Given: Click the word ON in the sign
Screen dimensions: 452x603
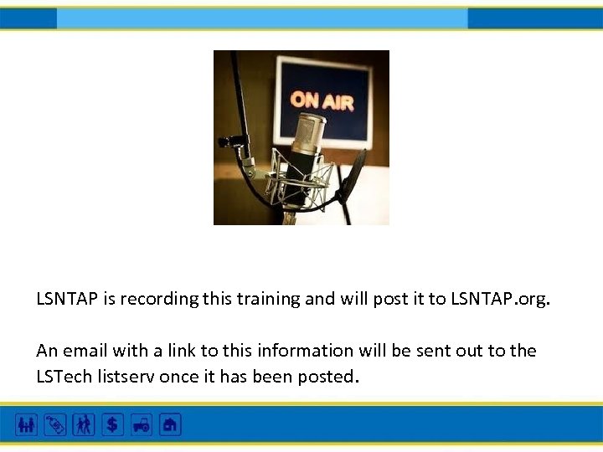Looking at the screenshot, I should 306,100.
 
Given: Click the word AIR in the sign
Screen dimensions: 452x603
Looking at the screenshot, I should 338,102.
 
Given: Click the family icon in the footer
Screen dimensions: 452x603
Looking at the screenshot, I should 27,425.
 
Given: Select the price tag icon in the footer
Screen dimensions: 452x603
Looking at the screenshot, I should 55,425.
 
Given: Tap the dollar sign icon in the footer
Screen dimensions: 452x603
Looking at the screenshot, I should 112,425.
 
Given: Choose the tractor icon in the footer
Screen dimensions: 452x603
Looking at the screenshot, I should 141,425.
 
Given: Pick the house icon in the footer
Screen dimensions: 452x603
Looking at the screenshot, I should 170,425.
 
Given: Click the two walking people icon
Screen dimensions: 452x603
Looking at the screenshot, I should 84,425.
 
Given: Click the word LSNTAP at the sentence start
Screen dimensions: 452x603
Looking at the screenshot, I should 67,299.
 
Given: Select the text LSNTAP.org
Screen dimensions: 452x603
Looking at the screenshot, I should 501,299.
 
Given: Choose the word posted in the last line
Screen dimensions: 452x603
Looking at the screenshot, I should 329,377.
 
